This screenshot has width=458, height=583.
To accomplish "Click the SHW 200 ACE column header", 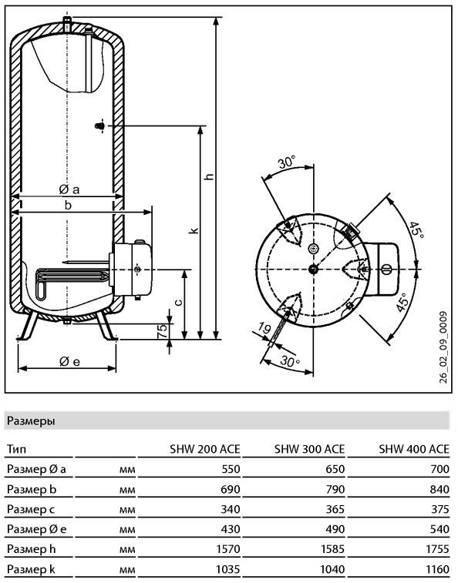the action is [205, 449].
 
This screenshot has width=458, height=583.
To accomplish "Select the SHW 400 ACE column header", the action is [414, 449].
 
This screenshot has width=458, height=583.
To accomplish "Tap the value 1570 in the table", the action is [228, 549].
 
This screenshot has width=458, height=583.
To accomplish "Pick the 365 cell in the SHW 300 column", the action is [335, 508].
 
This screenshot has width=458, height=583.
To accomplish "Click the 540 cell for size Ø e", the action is [439, 529].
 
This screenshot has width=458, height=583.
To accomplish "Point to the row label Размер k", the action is [31, 569].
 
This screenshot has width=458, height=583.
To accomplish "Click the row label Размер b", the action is [32, 489].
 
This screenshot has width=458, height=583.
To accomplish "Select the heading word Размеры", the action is [31, 421].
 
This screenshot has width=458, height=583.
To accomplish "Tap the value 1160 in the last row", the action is [437, 569].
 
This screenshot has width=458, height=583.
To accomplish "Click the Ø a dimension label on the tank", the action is [69, 189].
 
